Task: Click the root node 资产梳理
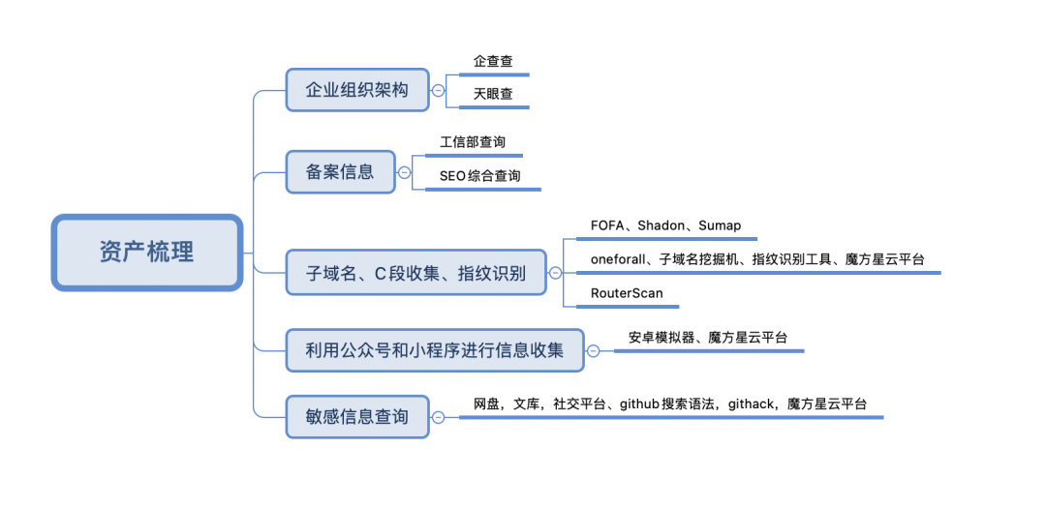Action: pos(146,253)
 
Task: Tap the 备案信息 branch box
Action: pos(340,173)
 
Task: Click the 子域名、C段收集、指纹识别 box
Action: pos(415,273)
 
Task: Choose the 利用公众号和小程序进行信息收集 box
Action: pos(435,350)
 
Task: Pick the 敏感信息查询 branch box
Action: pos(356,417)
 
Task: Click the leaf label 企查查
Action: pos(493,61)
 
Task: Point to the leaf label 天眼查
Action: pos(493,95)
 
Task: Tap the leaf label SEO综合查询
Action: pos(479,176)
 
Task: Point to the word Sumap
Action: pos(720,225)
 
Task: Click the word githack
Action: pos(751,403)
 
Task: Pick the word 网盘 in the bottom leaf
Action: pos(485,403)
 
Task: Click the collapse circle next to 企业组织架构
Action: pos(438,90)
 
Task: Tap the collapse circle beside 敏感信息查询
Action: pos(438,417)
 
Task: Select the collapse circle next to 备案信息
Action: pos(404,173)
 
